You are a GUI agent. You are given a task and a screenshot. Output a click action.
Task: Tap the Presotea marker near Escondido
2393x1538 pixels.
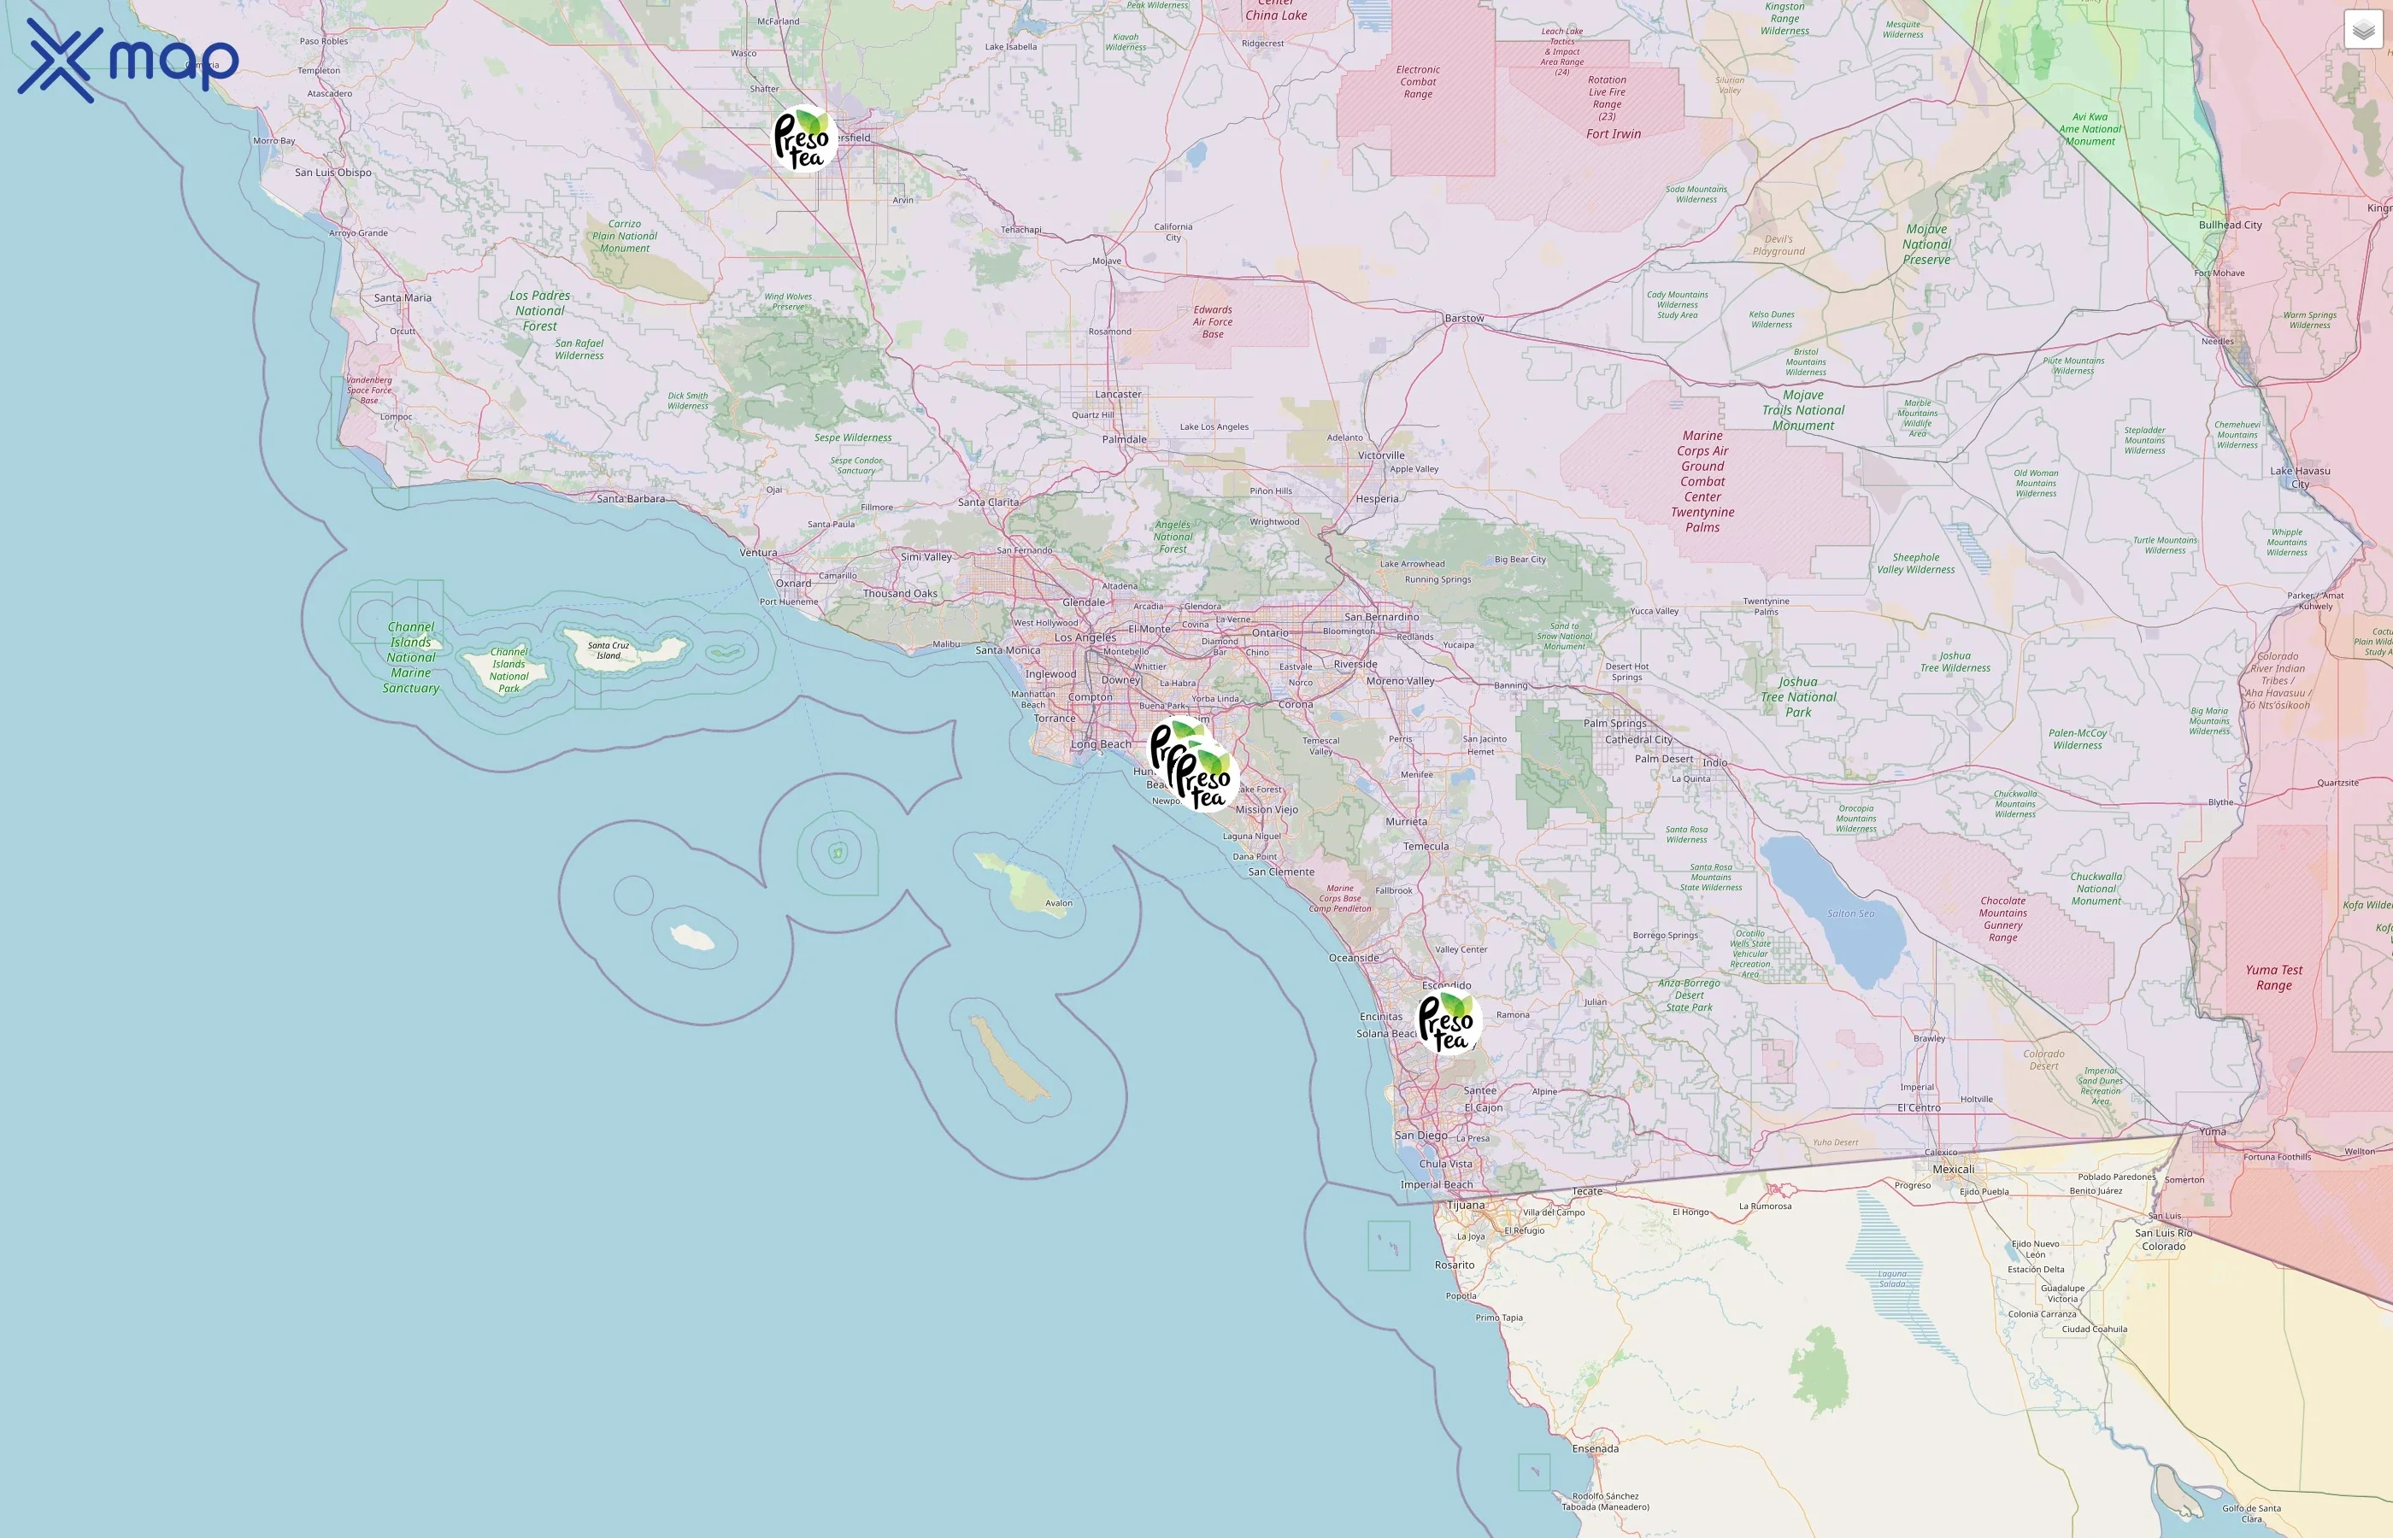[x=1447, y=1021]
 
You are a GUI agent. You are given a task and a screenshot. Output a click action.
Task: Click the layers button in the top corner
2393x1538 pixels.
[x=2363, y=30]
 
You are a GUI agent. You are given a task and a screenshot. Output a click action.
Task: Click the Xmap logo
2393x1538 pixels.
[x=128, y=61]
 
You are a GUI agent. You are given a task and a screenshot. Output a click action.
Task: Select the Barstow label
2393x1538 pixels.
[x=1464, y=319]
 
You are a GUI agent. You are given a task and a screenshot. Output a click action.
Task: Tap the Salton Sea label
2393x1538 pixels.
[x=1850, y=913]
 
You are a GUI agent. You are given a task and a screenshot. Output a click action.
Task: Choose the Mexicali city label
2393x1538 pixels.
[x=1954, y=1170]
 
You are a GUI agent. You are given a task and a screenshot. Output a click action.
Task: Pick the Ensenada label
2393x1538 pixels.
[x=1595, y=1448]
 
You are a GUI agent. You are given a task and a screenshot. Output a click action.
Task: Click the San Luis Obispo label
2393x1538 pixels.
[x=332, y=173]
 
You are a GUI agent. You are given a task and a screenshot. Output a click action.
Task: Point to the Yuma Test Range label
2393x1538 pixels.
[x=2274, y=977]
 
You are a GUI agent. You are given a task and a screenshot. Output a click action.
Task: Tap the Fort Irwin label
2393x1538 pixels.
[x=1613, y=134]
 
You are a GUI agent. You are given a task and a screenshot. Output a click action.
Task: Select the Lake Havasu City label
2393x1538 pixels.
[x=2300, y=478]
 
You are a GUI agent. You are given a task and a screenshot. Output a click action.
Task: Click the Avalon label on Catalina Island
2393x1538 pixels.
[x=1059, y=903]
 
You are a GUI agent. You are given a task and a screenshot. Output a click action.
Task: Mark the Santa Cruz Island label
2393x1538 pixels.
[x=609, y=650]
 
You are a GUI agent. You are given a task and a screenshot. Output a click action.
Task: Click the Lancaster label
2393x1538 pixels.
[x=1118, y=395]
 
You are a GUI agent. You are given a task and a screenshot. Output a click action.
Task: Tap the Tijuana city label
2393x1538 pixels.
[x=1467, y=1206]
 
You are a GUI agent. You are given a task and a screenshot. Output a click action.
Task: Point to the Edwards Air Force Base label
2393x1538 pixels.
[x=1213, y=321]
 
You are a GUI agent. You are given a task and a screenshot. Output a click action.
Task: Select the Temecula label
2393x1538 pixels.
[x=1426, y=846]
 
